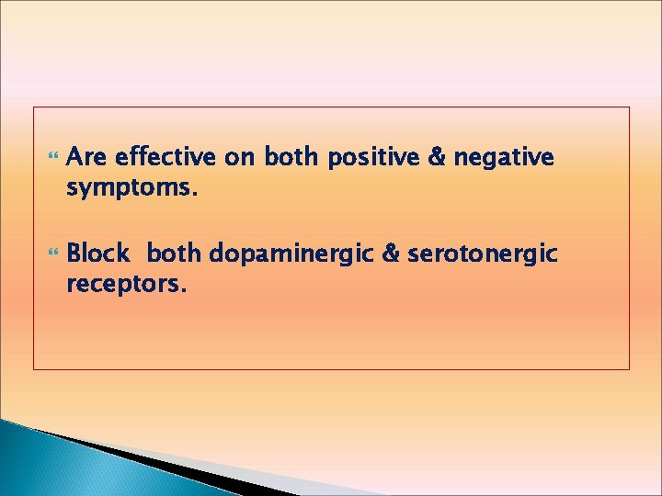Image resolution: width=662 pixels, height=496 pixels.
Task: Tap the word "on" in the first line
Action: point(242,158)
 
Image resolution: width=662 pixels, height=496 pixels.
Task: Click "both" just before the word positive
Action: point(291,158)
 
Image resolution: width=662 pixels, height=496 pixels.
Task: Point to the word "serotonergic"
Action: point(483,254)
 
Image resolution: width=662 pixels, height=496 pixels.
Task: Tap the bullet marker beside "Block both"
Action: point(50,254)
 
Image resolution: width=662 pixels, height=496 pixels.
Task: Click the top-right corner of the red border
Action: point(630,107)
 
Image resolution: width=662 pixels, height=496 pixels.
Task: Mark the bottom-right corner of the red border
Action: point(630,369)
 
